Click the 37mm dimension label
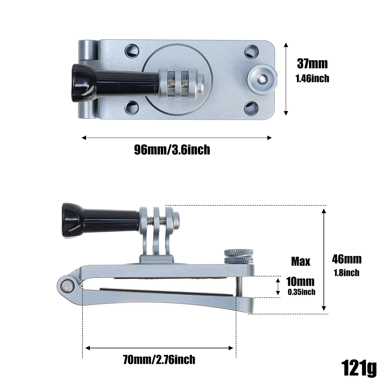312,63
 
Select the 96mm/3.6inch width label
172,150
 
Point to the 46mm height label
347,259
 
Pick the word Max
301,261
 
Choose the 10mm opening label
300,282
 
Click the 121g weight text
359,368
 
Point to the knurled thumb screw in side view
239,256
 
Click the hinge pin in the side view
68,287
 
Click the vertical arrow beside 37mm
286,79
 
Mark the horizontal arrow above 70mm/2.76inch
160,348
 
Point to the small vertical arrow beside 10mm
278,287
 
